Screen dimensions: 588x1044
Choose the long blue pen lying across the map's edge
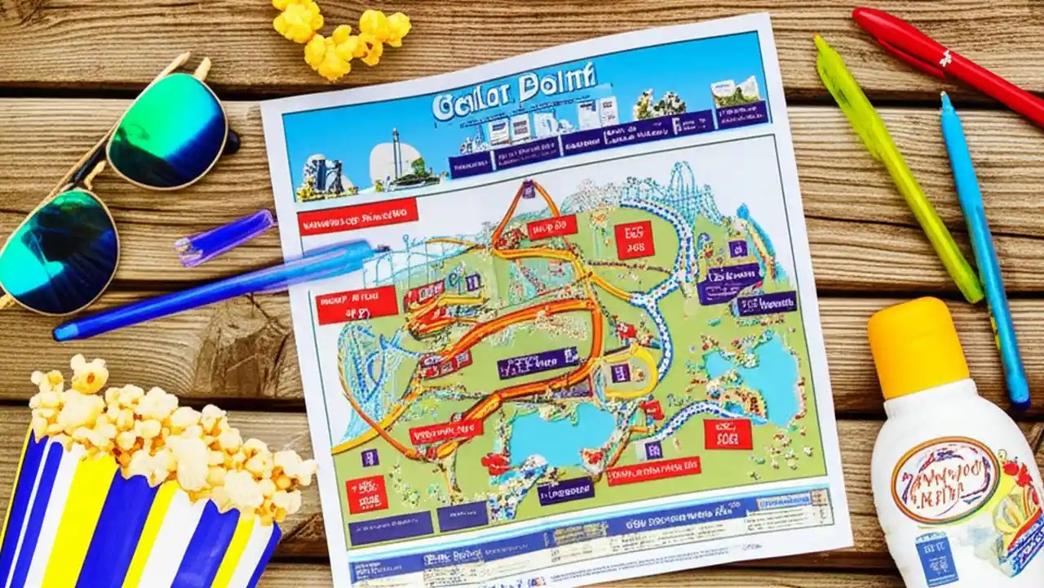point(212,290)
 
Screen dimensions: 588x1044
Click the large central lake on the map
point(563,434)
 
